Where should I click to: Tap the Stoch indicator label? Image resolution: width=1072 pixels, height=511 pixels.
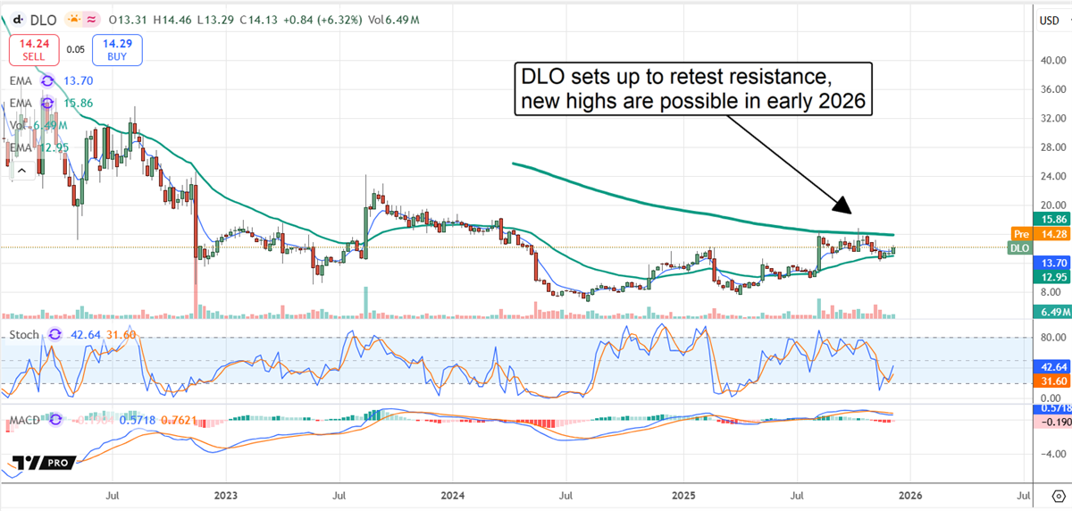(24, 335)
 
